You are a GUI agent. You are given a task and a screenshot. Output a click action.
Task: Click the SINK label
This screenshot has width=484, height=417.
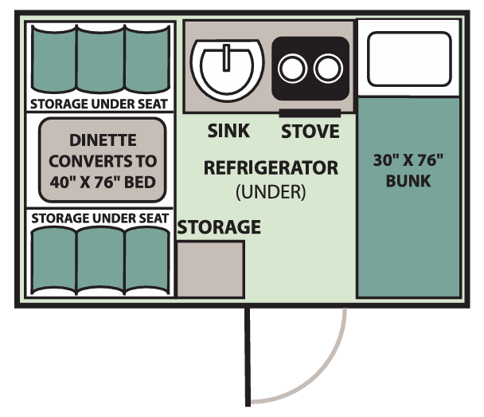click(228, 130)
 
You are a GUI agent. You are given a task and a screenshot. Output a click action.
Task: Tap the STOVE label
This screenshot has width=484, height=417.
click(310, 130)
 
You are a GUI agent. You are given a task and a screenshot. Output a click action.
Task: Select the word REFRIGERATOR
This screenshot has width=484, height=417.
click(271, 168)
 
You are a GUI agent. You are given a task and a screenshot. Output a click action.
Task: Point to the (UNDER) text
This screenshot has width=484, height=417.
click(271, 191)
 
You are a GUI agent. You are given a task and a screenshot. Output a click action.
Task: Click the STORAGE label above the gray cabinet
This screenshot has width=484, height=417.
click(219, 227)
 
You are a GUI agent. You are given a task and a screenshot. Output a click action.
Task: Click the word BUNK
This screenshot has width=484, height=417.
click(408, 180)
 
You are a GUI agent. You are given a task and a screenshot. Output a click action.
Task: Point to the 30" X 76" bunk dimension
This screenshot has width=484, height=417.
click(408, 159)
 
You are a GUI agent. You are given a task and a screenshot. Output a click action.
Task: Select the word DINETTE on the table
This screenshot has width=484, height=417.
click(103, 140)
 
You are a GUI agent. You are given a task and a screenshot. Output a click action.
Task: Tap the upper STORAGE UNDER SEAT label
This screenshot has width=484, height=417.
click(99, 104)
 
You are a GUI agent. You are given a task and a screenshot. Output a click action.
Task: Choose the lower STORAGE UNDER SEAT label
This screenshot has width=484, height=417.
click(99, 218)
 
